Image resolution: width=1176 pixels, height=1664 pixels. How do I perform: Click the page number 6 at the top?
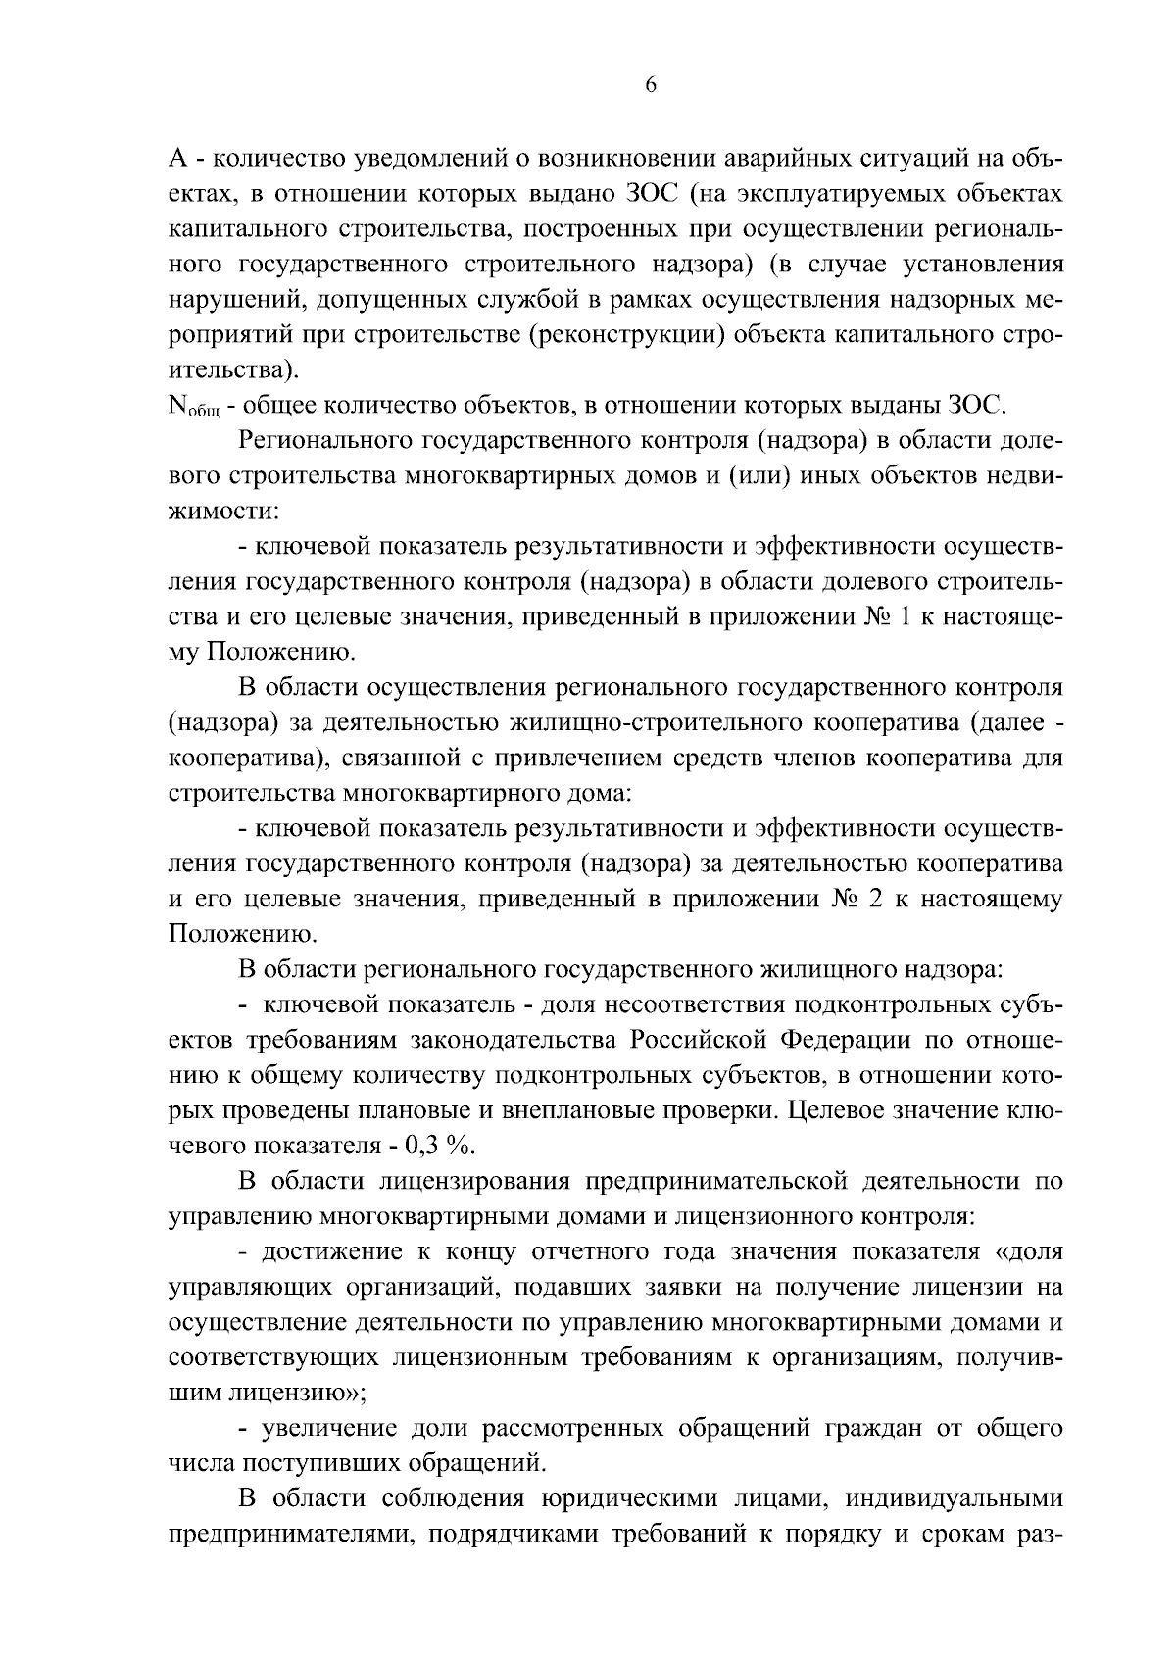pyautogui.click(x=651, y=85)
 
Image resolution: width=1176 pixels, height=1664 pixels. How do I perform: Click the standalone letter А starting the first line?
pyautogui.click(x=178, y=158)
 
